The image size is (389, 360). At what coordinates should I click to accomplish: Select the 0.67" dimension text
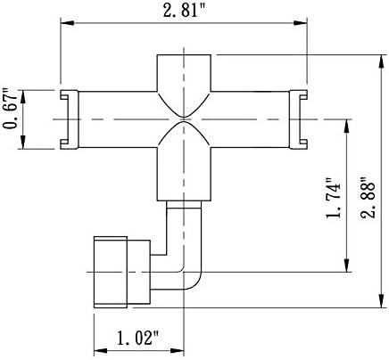coord(10,109)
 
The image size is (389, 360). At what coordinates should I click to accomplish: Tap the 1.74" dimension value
coord(333,199)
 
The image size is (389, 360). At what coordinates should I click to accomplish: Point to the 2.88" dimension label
coord(368,199)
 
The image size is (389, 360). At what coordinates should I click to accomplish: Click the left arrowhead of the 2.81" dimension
coord(67,23)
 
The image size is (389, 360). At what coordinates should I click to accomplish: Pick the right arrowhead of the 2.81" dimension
coord(301,23)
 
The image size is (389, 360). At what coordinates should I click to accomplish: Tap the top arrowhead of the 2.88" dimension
coord(381,61)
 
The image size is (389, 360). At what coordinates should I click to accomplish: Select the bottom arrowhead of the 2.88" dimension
coord(381,300)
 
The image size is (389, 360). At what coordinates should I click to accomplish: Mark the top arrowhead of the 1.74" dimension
coord(347,127)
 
